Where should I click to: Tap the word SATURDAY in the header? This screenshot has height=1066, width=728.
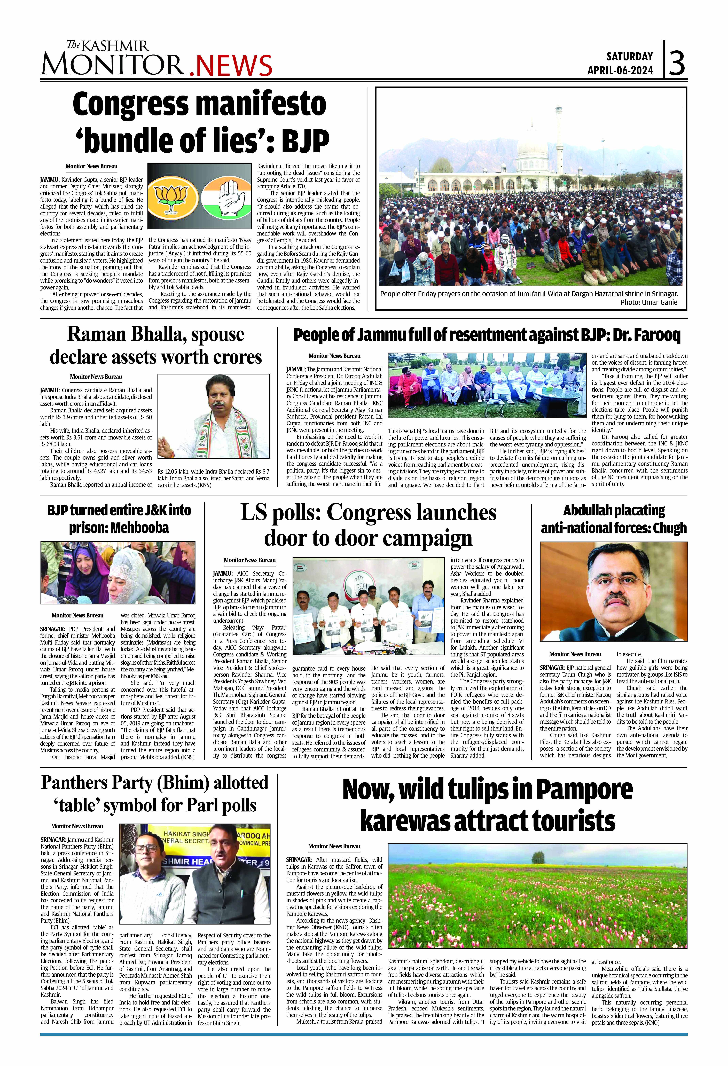pyautogui.click(x=629, y=56)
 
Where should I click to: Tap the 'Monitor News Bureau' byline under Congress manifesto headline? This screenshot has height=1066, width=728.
pyautogui.click(x=91, y=167)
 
